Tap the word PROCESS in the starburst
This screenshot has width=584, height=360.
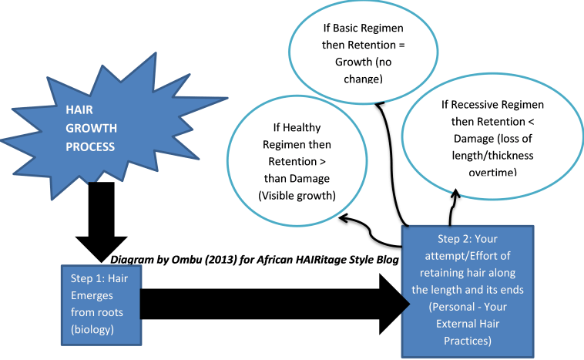pos(89,146)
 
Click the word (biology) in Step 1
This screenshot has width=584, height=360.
pos(92,329)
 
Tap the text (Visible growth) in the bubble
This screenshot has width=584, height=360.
pos(297,196)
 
